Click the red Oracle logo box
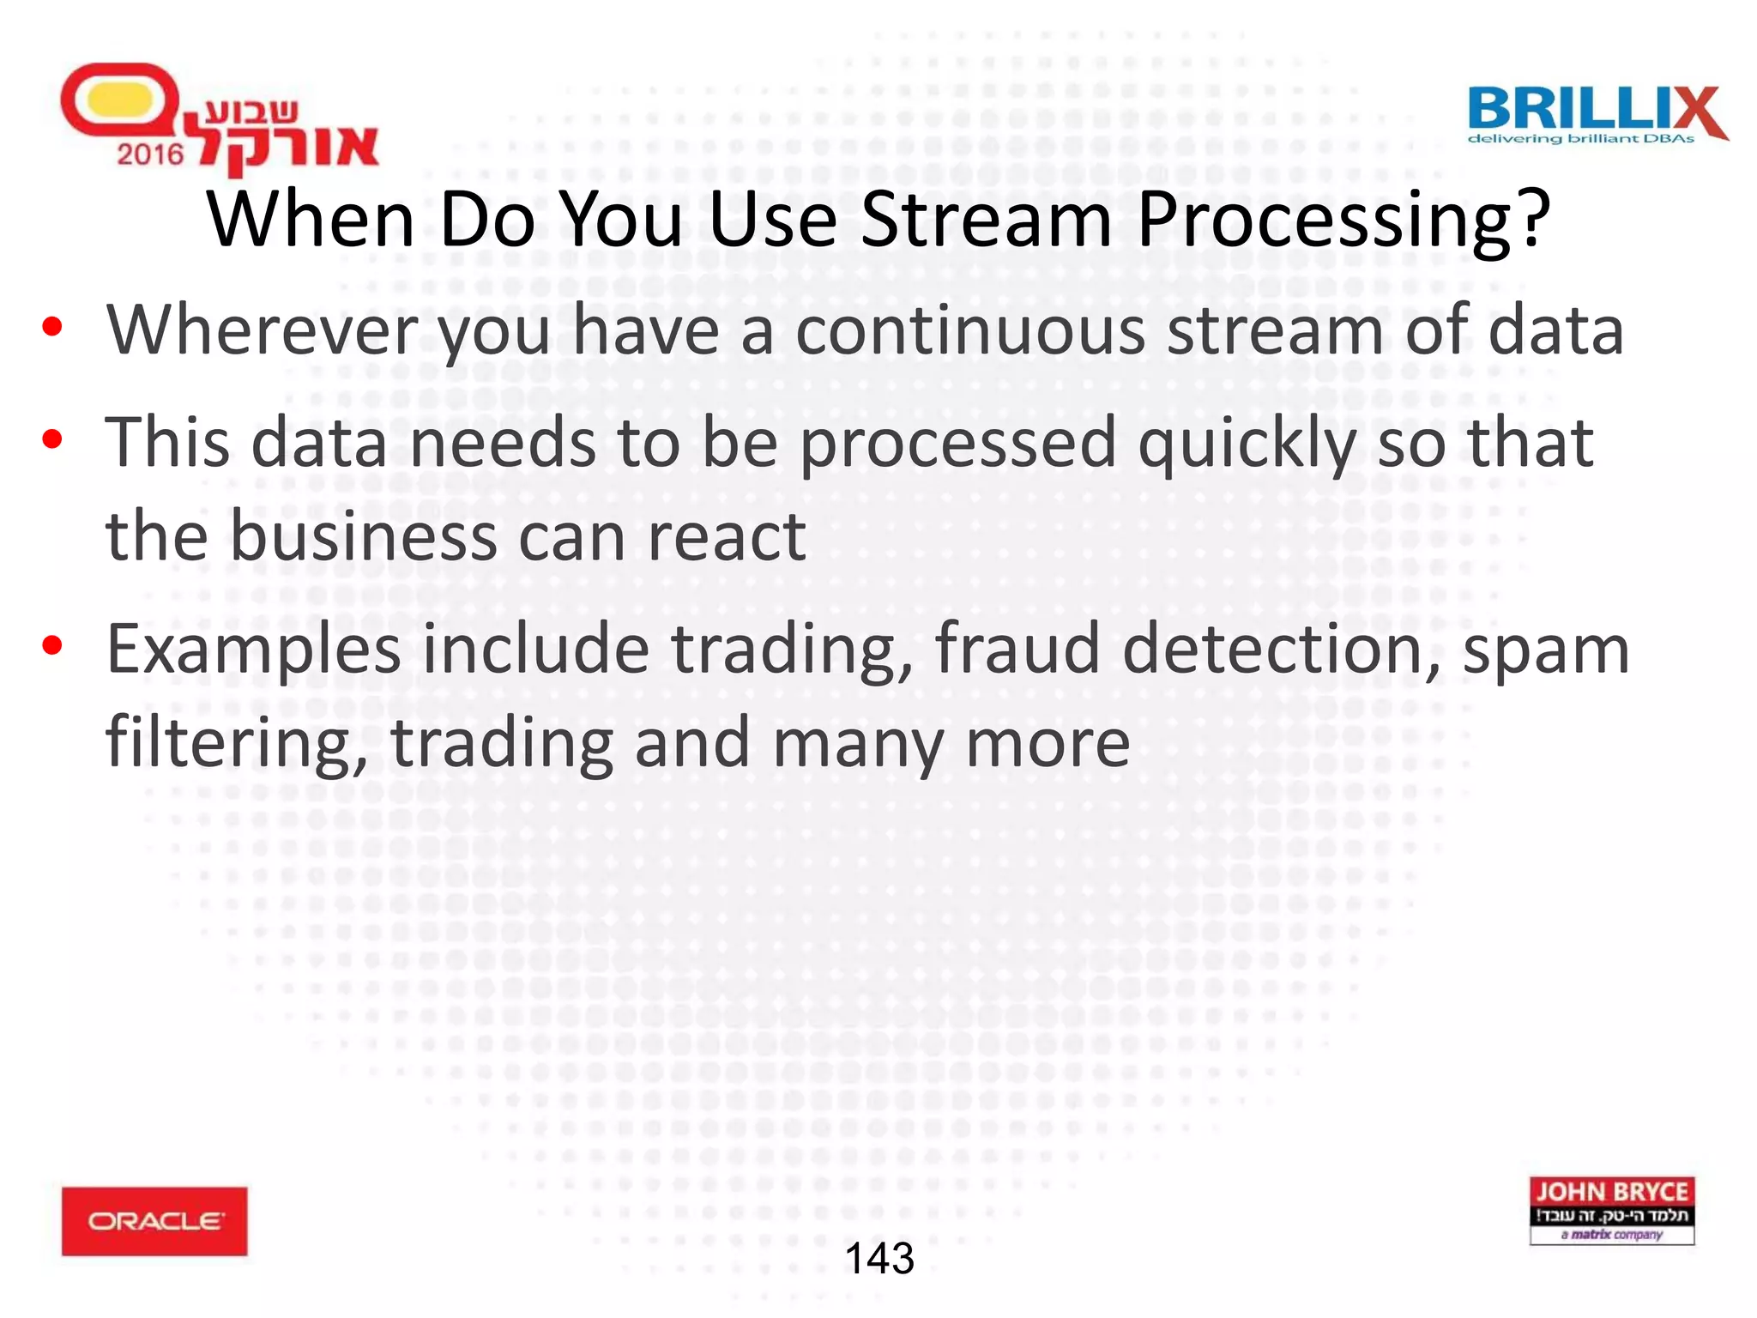coord(154,1221)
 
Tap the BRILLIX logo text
coord(1594,110)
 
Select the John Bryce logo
coord(1611,1210)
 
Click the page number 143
coord(879,1259)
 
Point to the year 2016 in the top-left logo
coord(150,154)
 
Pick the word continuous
coord(969,330)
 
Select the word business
coord(365,537)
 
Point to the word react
coord(726,537)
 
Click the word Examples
coord(253,650)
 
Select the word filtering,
coord(236,743)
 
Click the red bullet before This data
coord(52,439)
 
